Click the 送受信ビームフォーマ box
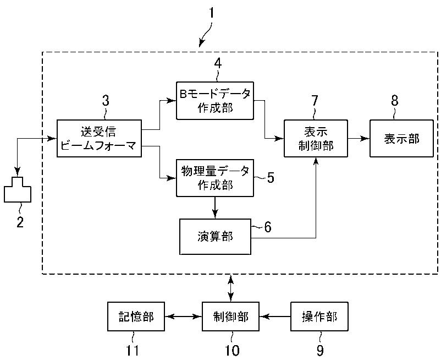point(99,138)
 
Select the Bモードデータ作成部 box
point(215,101)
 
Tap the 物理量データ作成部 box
point(215,178)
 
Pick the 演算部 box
point(215,237)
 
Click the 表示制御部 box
point(316,138)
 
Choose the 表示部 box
point(401,138)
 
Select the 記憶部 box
point(136,317)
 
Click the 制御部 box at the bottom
point(230,317)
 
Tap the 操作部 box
point(319,317)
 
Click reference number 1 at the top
point(211,13)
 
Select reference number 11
point(131,351)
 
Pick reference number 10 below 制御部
point(231,351)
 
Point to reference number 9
point(320,351)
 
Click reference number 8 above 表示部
point(395,100)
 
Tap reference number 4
point(218,63)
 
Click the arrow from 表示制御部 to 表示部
point(359,139)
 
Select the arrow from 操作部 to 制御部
point(275,317)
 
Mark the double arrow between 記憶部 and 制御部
point(183,317)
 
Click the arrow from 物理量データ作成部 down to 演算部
point(215,208)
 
